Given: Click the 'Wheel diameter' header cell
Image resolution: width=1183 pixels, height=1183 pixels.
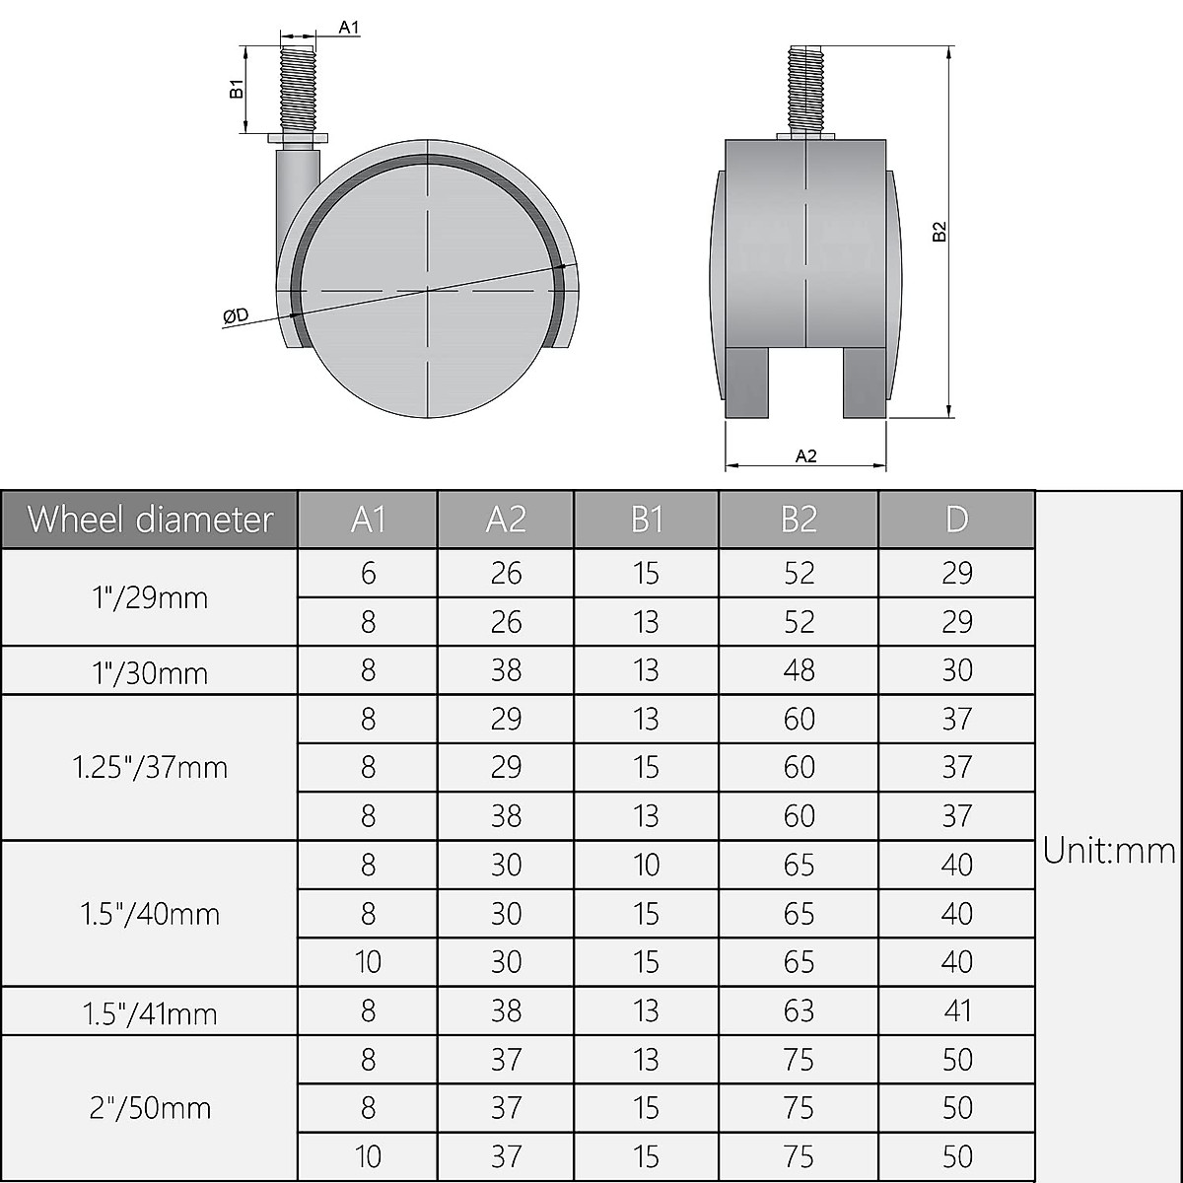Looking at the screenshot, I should tap(150, 519).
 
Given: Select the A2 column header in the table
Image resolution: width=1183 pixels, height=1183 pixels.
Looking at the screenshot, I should tap(506, 519).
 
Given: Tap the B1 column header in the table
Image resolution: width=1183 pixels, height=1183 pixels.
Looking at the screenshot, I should tap(647, 519).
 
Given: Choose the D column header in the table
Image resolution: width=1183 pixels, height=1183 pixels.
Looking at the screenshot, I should tap(956, 519).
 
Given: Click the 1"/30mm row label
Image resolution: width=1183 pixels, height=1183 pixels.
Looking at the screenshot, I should tap(150, 672).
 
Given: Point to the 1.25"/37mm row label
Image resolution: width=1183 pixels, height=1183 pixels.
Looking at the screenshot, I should tap(150, 767).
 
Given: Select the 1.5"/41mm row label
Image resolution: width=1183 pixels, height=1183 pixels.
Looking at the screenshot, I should tap(150, 1011).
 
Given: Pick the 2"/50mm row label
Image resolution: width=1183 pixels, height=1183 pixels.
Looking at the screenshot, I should tap(150, 1108).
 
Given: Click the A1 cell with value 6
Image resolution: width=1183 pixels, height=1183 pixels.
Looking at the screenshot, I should tap(368, 573).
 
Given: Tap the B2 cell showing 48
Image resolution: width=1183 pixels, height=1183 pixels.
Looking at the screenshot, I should tap(799, 670).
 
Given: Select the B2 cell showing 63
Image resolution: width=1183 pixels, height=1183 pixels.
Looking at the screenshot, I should tap(799, 1010).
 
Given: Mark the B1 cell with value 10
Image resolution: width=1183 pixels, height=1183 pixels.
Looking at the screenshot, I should tap(647, 865).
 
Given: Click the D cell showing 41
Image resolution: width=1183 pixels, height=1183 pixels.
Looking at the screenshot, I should tap(956, 1010).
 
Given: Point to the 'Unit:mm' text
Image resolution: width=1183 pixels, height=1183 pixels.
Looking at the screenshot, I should tap(1109, 850).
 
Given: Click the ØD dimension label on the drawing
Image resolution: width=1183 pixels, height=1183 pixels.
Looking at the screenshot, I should tap(235, 315).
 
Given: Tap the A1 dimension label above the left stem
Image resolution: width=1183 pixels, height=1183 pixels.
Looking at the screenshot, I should tap(349, 28).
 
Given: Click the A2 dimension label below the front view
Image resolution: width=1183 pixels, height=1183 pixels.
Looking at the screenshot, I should tap(805, 455).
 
